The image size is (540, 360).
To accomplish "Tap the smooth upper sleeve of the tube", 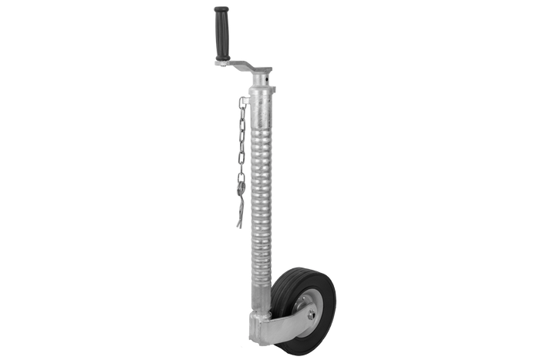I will [x=262, y=104].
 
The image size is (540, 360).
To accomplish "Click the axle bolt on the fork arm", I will [x=309, y=314].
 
